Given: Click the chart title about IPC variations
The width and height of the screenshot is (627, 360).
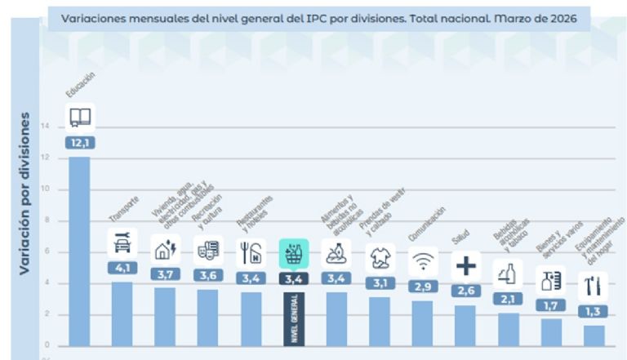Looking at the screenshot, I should click(319, 17).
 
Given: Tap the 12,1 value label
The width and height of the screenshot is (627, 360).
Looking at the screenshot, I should click(80, 142).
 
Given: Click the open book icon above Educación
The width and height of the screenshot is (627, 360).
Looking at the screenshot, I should click(80, 118).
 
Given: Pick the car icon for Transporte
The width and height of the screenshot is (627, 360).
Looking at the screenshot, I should click(122, 242).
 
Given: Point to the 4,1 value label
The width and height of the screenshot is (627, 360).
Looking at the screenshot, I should click(122, 267).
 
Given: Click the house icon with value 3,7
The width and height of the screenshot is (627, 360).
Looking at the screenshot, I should click(166, 249).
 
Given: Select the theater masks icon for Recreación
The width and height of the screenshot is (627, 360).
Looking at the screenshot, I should click(208, 250).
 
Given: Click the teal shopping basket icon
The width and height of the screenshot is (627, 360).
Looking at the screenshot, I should click(294, 253).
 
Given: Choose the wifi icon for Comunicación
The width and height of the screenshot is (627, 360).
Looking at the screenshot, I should click(422, 261).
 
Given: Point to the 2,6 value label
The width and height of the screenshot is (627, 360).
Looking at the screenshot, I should click(465, 290).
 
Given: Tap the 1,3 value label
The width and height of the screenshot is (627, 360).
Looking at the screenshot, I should click(594, 311).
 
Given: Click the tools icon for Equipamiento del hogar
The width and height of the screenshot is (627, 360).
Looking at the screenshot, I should click(594, 287).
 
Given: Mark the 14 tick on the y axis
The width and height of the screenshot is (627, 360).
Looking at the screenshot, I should click(45, 126).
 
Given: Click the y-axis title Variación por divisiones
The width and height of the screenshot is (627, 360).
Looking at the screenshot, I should click(24, 193).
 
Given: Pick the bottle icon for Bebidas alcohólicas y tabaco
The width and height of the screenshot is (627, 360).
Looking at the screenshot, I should click(508, 273).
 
